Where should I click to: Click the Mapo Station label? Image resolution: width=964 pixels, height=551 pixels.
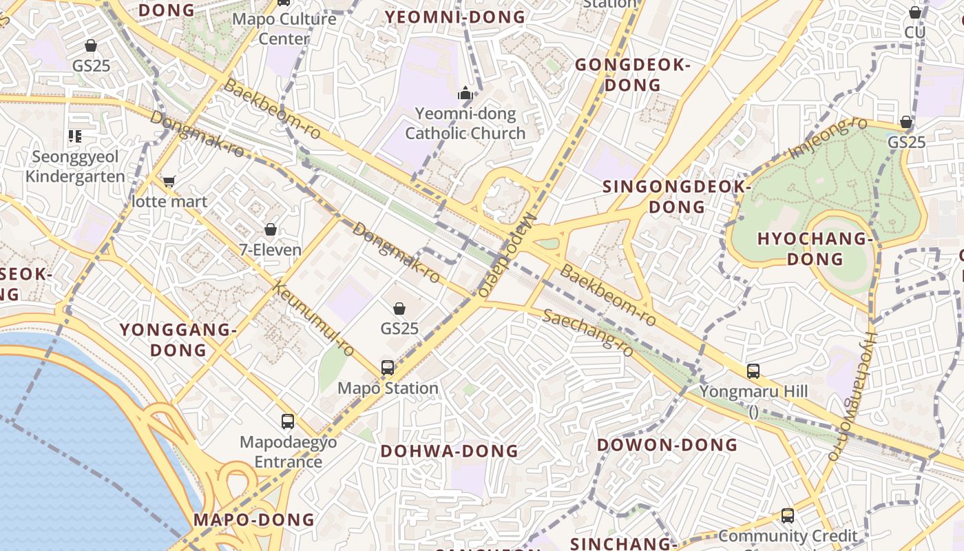(x=388, y=388)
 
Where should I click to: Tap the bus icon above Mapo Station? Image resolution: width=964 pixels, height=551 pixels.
(x=388, y=367)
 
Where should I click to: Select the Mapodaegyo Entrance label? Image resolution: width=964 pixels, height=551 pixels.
(x=289, y=452)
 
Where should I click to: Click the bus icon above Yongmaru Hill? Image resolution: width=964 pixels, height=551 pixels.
(x=753, y=371)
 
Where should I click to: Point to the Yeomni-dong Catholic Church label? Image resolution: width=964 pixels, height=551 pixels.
(x=465, y=123)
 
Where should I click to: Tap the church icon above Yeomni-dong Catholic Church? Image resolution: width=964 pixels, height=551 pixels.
(x=466, y=93)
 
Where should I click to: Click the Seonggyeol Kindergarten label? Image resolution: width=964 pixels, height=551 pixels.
(x=76, y=167)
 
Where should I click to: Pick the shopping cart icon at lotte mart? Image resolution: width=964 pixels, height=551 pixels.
(x=169, y=182)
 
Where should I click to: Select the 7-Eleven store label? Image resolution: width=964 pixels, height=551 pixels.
(x=271, y=249)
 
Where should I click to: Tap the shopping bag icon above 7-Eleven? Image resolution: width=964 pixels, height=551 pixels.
(x=271, y=229)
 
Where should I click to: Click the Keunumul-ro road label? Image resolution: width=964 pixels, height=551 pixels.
(x=314, y=320)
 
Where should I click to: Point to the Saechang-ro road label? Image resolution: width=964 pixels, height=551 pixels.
(x=587, y=333)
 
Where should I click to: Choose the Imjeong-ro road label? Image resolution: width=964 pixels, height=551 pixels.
(x=828, y=137)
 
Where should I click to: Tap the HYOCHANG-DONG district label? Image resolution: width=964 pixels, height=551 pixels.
(x=815, y=249)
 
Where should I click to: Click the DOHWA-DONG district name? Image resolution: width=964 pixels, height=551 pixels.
(x=449, y=451)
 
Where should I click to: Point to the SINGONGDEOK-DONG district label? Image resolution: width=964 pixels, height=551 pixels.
(x=678, y=196)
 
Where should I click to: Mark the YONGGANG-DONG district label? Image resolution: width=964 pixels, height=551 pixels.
(x=178, y=340)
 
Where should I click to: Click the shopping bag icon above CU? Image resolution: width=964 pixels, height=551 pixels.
(x=915, y=12)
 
